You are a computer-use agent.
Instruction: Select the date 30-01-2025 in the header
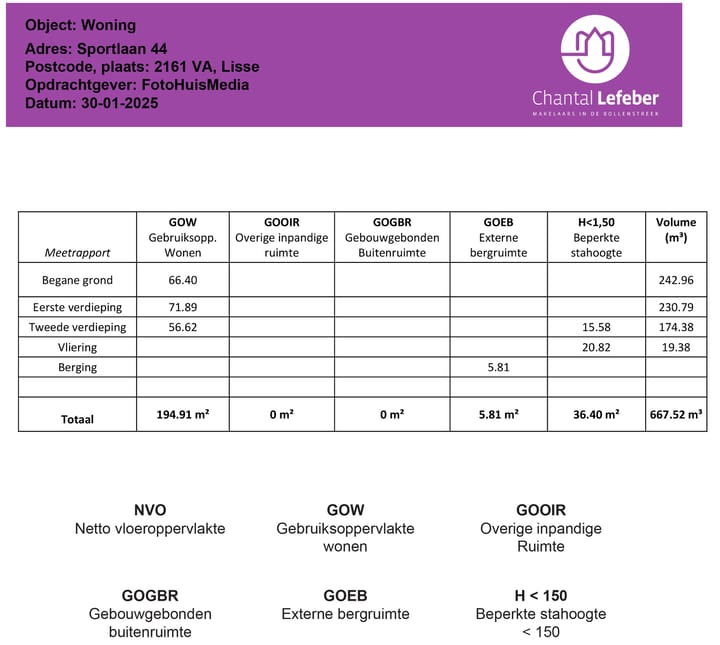tap(91, 103)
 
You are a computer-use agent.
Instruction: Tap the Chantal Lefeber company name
tap(595, 98)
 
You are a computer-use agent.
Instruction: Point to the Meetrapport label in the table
tap(77, 253)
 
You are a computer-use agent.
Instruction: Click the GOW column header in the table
tap(183, 222)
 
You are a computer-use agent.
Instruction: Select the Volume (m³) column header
tap(676, 230)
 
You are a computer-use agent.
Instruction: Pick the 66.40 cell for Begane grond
tap(183, 280)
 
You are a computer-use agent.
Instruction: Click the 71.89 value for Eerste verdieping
tap(183, 307)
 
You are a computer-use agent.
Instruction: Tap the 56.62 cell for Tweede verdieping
tap(183, 327)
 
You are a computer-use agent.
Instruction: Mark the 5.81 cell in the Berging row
tap(498, 367)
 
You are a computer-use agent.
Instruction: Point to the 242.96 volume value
tap(676, 280)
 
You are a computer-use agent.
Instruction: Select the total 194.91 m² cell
tap(183, 414)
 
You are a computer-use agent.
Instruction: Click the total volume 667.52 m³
tap(676, 414)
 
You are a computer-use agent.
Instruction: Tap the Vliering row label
tap(77, 347)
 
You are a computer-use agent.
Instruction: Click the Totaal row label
tap(77, 419)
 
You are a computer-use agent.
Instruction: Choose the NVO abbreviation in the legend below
tap(150, 510)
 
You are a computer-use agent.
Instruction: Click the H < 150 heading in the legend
tap(541, 595)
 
